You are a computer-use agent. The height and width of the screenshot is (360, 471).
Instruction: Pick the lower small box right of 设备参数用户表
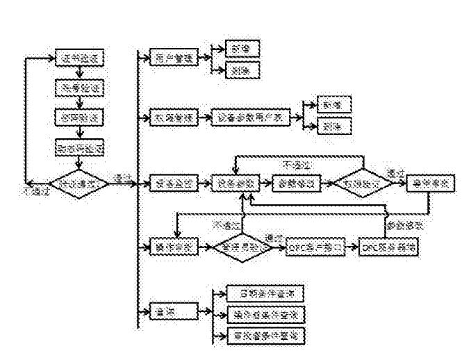click(x=334, y=126)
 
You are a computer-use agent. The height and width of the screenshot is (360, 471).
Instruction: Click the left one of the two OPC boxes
click(x=316, y=247)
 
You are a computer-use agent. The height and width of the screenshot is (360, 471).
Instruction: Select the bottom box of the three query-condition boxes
click(x=267, y=335)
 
